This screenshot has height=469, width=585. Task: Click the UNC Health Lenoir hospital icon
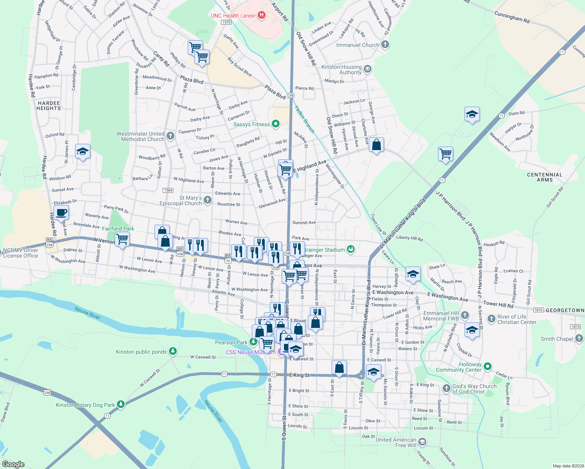coord(262,16)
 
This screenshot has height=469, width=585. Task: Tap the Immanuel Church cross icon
coord(385,45)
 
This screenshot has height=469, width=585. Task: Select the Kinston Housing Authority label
coord(341,70)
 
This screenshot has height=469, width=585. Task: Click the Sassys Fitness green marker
coord(276,124)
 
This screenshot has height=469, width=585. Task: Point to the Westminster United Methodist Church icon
coord(170,136)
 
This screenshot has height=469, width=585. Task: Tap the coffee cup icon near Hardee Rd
coord(61,213)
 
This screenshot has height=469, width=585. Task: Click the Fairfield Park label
coord(118,229)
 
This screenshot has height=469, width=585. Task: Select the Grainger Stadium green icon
coord(351,249)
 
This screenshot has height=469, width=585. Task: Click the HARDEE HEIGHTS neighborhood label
coord(48,106)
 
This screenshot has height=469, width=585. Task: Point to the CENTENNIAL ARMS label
coord(545,177)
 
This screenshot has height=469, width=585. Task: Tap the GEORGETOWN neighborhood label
coord(565,310)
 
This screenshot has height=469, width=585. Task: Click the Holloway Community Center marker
coord(487,367)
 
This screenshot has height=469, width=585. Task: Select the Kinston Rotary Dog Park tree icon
coord(121,405)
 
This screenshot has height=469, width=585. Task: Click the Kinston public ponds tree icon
coord(172,351)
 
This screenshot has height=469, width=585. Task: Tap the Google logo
coord(13,464)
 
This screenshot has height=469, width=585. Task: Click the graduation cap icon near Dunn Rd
coord(472,115)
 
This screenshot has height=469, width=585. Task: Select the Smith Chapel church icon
coord(579,338)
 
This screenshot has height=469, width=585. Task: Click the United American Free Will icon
coord(422,442)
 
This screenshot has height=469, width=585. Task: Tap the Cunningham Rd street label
coord(511,17)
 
